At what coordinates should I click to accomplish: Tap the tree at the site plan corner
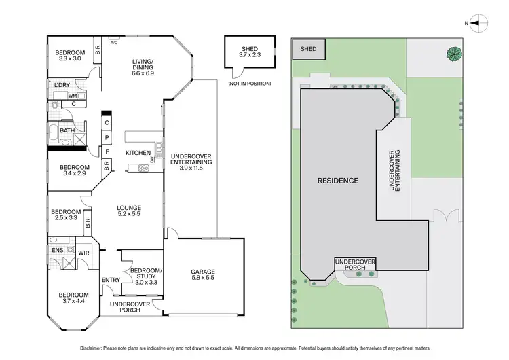pyautogui.click(x=453, y=53)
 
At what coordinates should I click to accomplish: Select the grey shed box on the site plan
pyautogui.click(x=309, y=48)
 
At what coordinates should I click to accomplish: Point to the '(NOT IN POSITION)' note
pyautogui.click(x=249, y=83)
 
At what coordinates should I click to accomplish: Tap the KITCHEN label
pyautogui.click(x=138, y=153)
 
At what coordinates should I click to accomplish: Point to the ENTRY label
pyautogui.click(x=111, y=280)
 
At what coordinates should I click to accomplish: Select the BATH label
pyautogui.click(x=67, y=130)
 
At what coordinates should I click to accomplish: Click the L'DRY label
pyautogui.click(x=62, y=85)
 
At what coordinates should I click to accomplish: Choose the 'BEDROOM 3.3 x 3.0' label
pyautogui.click(x=71, y=56)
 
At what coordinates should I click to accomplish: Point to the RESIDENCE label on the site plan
pyautogui.click(x=339, y=181)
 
